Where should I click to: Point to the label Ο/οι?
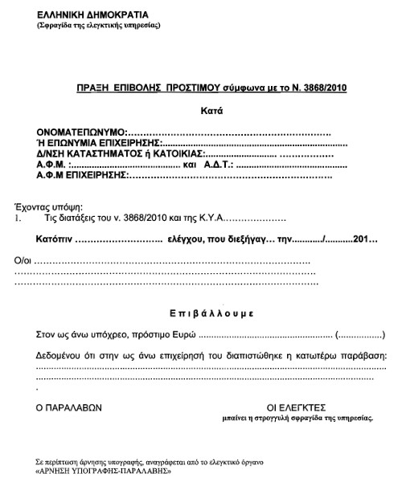tap(23, 262)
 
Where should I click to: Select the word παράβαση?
tap(363, 355)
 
